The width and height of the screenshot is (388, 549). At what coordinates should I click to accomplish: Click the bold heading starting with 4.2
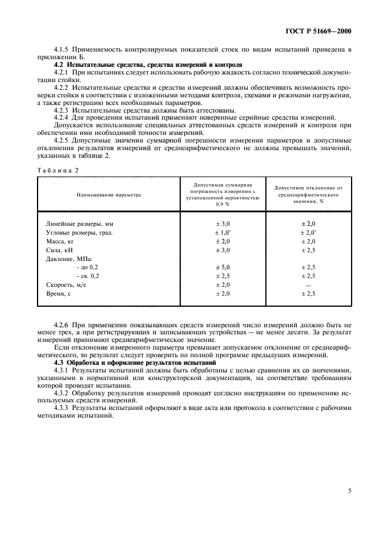point(147,64)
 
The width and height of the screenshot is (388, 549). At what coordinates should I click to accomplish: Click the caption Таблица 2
point(58,170)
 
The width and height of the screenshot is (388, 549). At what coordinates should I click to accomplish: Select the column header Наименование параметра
point(109,194)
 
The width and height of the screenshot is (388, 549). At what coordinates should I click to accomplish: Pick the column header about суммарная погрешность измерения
point(223,194)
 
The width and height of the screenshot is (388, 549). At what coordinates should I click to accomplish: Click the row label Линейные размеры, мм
point(80,224)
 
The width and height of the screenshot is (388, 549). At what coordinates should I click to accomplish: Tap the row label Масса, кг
point(60,241)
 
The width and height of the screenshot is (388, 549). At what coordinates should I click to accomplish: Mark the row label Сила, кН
point(59,250)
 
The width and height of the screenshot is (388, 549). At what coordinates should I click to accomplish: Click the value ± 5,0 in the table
point(223,267)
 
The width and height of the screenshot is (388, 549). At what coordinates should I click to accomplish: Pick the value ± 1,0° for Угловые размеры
point(223,233)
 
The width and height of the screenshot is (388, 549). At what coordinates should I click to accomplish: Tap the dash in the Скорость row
point(309,284)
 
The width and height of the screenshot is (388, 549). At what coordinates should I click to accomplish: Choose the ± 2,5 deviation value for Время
point(309,293)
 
